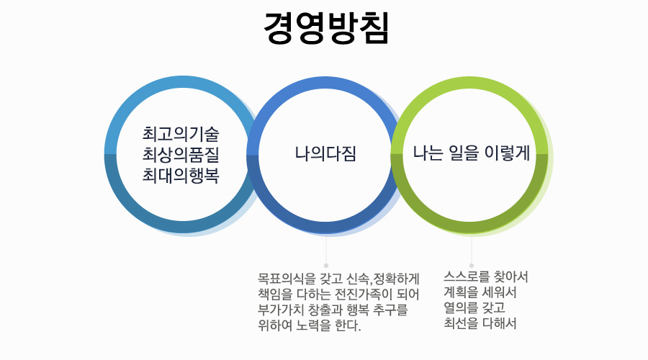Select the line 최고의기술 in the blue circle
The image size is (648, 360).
181,134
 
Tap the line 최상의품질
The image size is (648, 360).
181,154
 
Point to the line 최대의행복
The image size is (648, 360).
181,174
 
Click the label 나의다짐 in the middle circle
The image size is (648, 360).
325,154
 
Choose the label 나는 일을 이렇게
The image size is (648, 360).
472,154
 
